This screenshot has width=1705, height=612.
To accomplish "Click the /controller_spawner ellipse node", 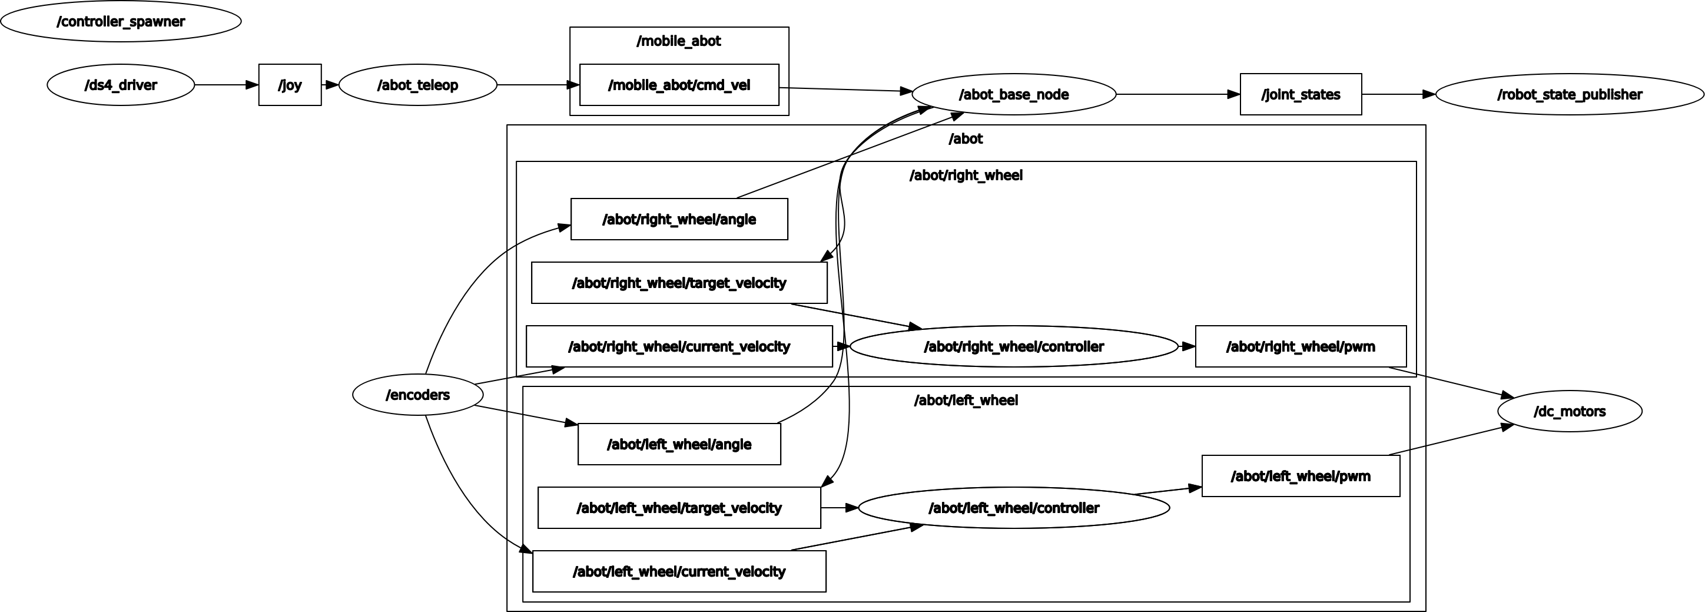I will click(121, 21).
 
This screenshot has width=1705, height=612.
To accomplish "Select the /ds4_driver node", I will click(121, 85).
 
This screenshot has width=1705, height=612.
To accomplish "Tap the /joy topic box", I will click(290, 85).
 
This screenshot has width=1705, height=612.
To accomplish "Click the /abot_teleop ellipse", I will click(417, 85).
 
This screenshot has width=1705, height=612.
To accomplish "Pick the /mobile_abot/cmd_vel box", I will click(679, 85).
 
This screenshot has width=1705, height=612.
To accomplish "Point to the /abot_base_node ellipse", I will click(1013, 94).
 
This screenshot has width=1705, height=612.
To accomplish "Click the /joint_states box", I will click(1301, 94).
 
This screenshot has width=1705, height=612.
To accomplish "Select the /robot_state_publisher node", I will click(1570, 94).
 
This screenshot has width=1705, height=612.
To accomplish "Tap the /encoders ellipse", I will click(417, 395).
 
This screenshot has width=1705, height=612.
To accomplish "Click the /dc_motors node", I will click(1570, 411).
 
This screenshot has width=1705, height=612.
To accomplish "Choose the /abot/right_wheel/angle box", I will click(679, 219).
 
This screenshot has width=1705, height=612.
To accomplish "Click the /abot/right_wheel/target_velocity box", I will click(679, 283).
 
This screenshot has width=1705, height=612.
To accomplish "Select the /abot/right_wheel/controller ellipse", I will click(1013, 346).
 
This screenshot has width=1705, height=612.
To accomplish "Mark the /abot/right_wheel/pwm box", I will click(1301, 346).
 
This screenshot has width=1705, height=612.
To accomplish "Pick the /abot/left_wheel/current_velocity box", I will click(679, 571).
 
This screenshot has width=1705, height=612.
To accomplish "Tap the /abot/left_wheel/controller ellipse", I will click(1013, 508).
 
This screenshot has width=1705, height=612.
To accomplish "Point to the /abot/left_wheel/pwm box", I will click(1301, 475).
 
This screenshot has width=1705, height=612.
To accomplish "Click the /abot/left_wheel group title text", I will click(966, 400).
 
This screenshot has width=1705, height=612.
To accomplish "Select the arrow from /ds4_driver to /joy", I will click(225, 85).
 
